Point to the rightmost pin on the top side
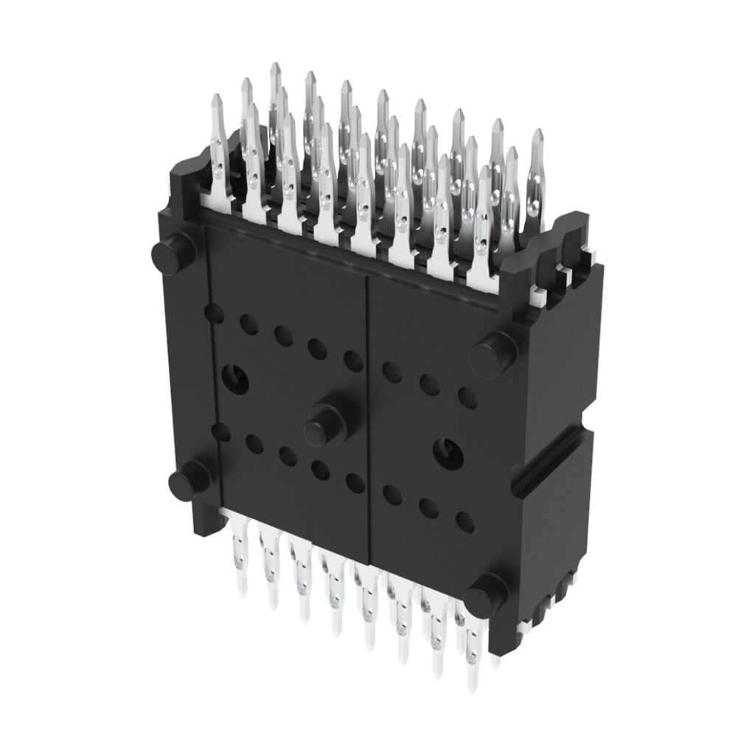(x=537, y=177)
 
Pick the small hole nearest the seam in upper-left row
(x=353, y=361)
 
